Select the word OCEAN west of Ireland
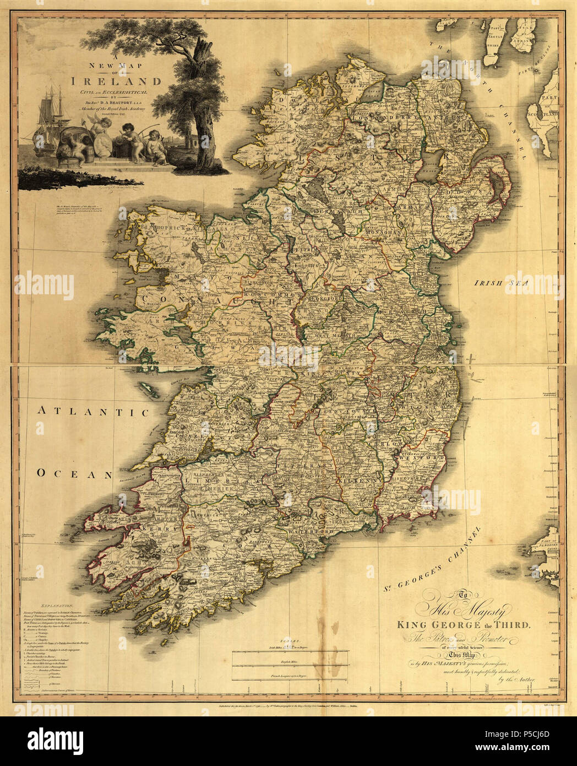[x=74, y=473]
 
